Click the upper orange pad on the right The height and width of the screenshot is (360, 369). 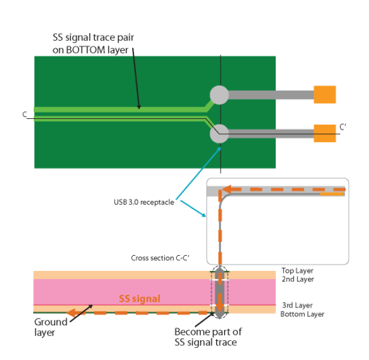click(x=325, y=94)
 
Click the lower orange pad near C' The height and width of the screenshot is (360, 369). click(x=325, y=133)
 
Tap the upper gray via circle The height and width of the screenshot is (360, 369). click(x=219, y=94)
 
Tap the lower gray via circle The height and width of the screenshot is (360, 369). click(x=219, y=133)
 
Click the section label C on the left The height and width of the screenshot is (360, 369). click(x=25, y=115)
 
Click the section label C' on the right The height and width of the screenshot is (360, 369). click(x=343, y=126)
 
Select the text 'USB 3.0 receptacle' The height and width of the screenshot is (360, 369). click(x=144, y=203)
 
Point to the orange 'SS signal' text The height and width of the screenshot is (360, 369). click(x=140, y=298)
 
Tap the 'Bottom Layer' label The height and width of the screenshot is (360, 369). click(x=302, y=314)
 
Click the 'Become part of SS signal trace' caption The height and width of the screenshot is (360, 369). click(x=208, y=337)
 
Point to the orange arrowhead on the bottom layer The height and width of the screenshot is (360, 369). click(x=72, y=313)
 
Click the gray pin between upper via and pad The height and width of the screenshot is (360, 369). click(x=271, y=94)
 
